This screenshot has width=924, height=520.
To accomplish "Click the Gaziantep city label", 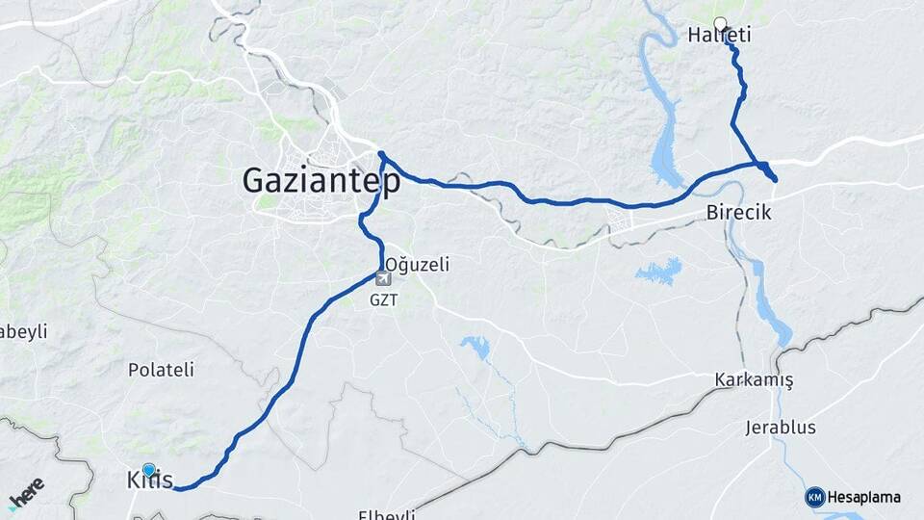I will tap(321, 181).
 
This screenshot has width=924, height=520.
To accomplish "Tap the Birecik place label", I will tap(738, 212).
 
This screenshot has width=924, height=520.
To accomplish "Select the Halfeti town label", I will tap(719, 36).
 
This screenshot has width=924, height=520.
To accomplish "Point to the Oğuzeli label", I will tap(418, 264).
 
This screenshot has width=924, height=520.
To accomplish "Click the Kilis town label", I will tap(149, 480).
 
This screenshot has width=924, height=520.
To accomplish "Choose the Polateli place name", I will tap(162, 369).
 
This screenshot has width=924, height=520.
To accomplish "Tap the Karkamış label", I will tap(754, 379).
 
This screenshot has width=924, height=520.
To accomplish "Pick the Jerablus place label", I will tap(781, 427).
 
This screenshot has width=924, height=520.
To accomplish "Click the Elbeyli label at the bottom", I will tap(386, 514).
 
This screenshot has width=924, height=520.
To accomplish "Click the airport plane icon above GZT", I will tap(383, 279).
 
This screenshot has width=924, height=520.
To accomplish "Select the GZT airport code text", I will tap(383, 299).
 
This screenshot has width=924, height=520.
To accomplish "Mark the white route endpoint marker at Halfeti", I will tap(720, 23).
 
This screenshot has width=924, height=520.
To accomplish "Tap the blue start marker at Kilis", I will tap(148, 469).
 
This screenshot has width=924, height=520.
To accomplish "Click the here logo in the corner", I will tap(26, 493).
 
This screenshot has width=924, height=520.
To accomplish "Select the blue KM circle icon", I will tap(815, 497).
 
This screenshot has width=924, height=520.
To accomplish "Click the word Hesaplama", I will tap(864, 498).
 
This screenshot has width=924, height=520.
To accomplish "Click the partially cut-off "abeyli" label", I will tap(23, 331).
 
